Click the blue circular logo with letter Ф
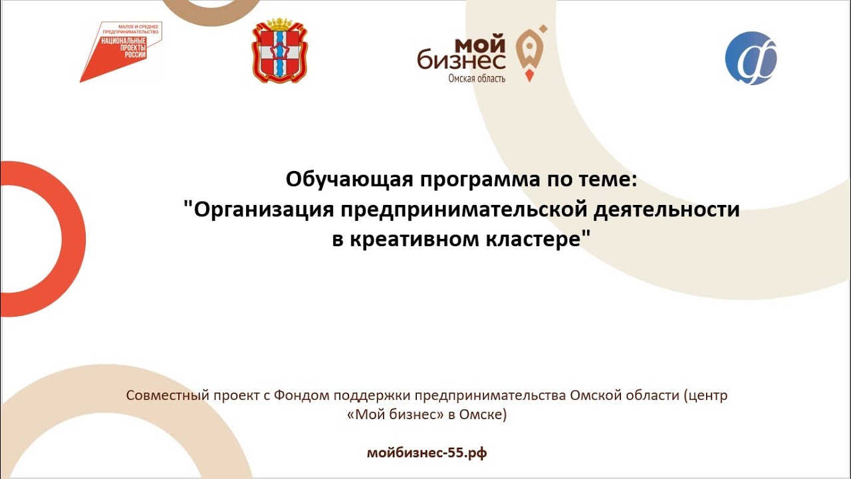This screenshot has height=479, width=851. (751, 59)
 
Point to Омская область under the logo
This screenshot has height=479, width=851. (477, 79)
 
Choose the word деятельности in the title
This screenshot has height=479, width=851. (665, 210)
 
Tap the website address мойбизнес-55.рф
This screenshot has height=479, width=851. (427, 454)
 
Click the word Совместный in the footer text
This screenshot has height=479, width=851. (166, 396)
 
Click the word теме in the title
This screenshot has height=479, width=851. (607, 180)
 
